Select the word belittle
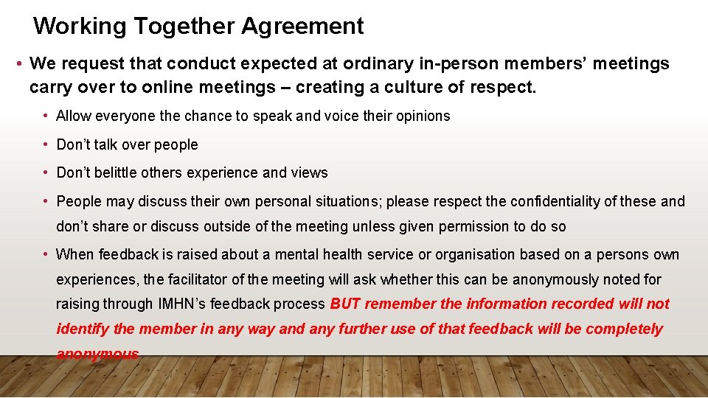(121, 172)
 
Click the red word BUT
(345, 304)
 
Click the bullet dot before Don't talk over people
(46, 144)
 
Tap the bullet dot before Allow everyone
(46, 116)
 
